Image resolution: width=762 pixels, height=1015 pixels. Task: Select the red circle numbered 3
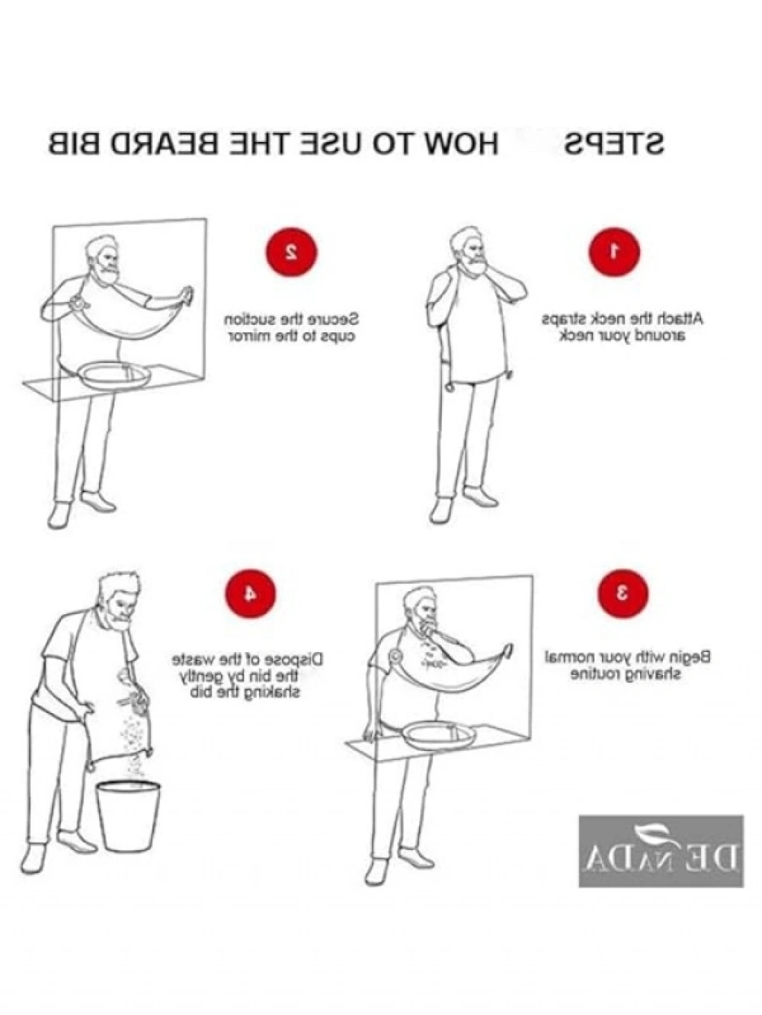(x=623, y=593)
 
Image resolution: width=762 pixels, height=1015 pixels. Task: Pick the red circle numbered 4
(x=250, y=593)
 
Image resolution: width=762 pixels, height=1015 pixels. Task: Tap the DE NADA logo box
(x=661, y=851)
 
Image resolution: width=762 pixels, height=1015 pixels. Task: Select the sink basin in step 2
(x=115, y=377)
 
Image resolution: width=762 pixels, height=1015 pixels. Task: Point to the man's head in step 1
(x=469, y=253)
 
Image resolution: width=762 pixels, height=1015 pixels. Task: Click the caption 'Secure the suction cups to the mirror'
(x=292, y=328)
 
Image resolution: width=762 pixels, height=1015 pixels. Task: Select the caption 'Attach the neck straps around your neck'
(x=622, y=328)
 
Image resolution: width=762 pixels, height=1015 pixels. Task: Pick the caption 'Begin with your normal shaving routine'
(x=627, y=665)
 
